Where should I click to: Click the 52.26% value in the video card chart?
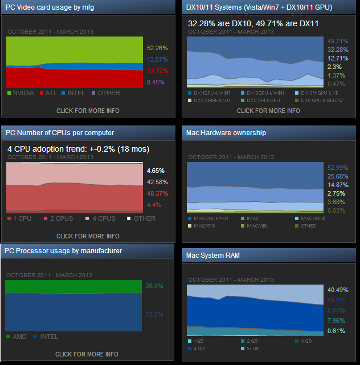coord(157,48)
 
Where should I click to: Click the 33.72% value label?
coord(157,71)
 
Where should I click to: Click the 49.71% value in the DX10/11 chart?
coord(338,41)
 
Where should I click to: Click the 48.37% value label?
coord(157,193)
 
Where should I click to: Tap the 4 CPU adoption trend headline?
coord(78,149)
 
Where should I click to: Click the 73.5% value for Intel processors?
coord(154,314)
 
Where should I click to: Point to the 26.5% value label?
coord(154,286)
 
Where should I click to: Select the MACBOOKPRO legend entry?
coord(210,218)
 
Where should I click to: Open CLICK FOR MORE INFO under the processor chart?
coord(87,354)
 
